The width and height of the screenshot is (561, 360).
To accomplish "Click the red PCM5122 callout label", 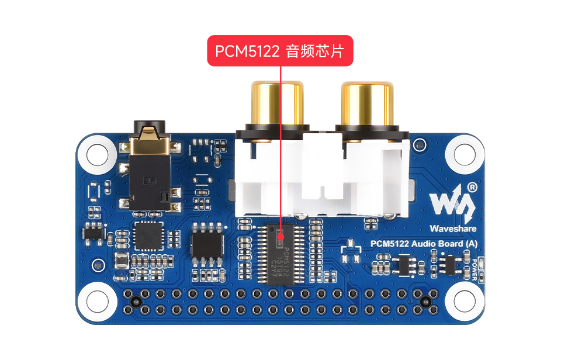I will coord(280,51).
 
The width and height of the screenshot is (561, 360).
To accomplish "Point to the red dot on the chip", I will coord(281,237).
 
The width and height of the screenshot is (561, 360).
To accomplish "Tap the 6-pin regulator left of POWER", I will coord(449,265).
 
